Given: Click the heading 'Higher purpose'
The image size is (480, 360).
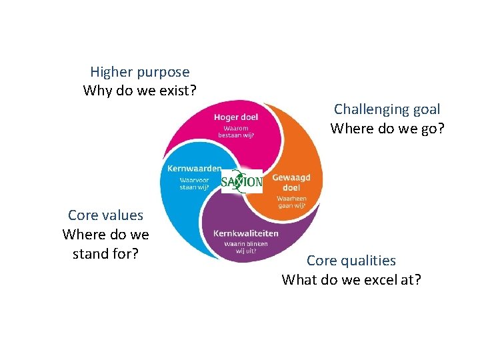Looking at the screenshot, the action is coord(139,72).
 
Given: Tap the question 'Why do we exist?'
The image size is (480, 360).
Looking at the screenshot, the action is coord(139,90).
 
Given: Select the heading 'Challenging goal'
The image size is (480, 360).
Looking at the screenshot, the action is coord(387,109).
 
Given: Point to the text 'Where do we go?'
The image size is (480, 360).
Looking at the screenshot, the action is coord(387,127).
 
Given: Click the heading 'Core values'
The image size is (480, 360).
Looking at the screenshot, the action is coord(105,215).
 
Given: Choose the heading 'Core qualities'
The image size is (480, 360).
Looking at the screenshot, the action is coord(351,261).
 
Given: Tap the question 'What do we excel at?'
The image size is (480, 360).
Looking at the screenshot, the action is coord(351,279).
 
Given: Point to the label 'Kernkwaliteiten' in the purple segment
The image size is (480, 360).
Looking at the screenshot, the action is coord(245,233).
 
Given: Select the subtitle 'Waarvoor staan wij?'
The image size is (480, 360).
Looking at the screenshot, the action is coord(195,183).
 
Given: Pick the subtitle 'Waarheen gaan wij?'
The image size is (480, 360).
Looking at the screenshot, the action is coord(291,202).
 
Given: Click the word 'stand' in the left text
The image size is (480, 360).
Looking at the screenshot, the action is coord(90,253).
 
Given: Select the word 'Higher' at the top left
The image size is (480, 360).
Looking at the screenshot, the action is coord(113,72).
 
